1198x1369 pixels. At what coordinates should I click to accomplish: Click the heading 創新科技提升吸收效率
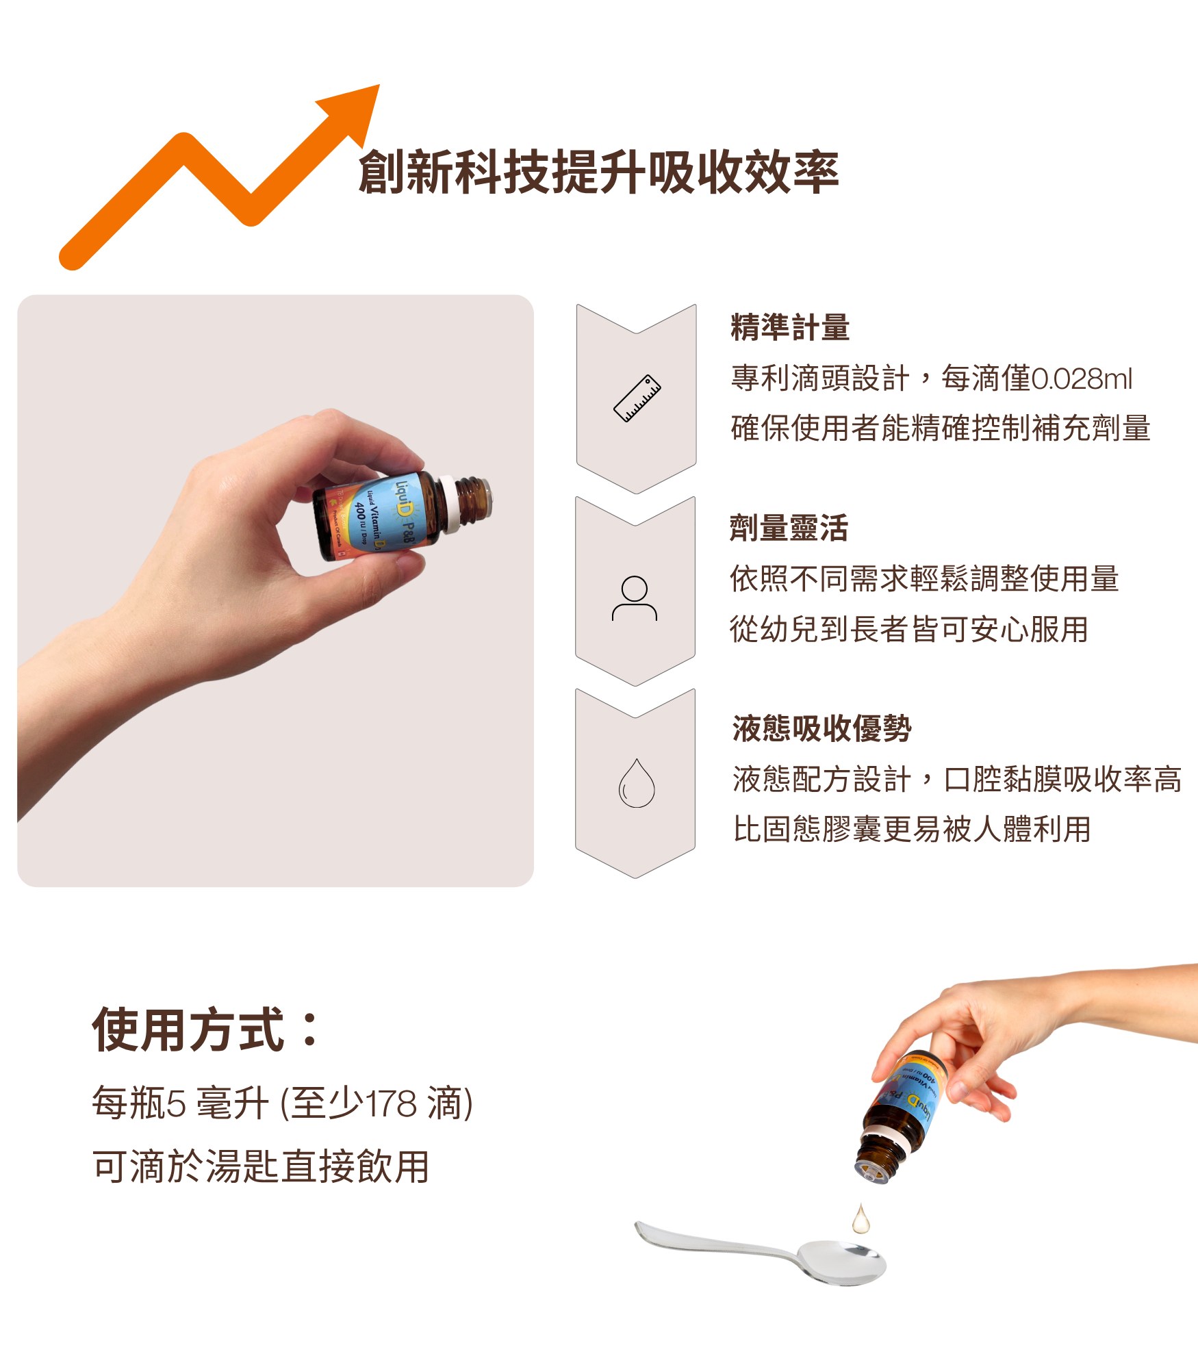point(598,172)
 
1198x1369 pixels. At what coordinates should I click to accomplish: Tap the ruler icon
point(637,398)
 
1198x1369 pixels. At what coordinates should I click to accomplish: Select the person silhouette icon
point(635,598)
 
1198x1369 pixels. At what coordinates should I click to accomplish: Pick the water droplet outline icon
point(637,784)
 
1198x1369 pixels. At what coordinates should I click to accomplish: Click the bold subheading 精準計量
point(790,327)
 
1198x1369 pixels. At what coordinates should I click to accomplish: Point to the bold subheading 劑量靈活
point(789,528)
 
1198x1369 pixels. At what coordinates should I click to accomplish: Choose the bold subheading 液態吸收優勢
point(821,728)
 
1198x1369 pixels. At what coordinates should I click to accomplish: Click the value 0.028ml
point(1081,379)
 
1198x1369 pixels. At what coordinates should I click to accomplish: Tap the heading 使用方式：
point(205,1029)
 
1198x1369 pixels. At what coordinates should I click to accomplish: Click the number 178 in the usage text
point(391,1103)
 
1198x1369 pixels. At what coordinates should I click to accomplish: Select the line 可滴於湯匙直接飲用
point(261,1167)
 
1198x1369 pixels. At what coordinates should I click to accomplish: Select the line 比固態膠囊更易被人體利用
point(911,829)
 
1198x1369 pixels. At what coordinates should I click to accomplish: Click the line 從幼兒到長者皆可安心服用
point(908,629)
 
